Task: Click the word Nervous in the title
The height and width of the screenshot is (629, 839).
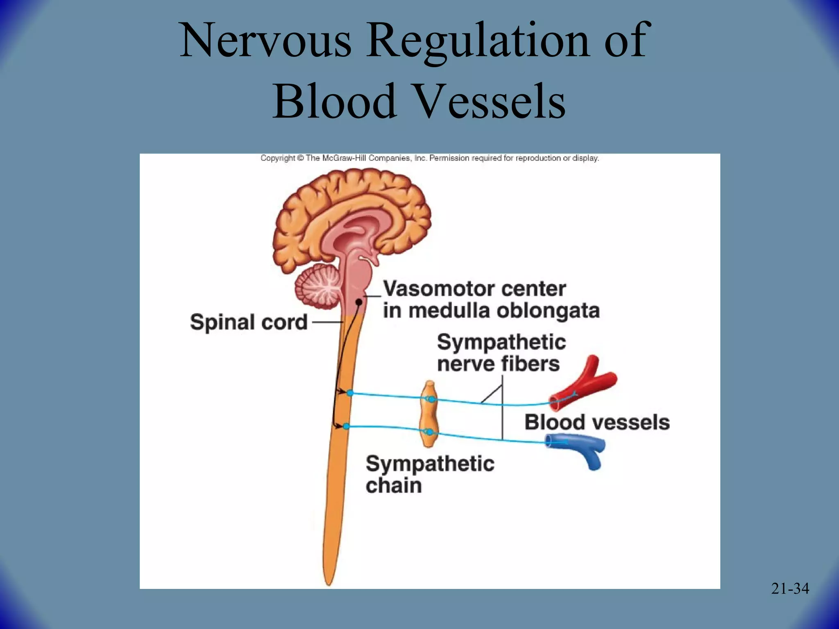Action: [x=265, y=41]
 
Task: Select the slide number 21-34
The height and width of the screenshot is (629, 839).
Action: [x=790, y=588]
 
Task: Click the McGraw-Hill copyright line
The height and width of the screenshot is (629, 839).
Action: [x=430, y=158]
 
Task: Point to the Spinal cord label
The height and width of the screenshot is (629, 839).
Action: [x=249, y=322]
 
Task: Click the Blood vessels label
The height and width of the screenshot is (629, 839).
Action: [x=597, y=422]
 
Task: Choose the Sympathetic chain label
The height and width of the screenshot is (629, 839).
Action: [x=430, y=474]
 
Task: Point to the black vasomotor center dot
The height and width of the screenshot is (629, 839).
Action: [x=358, y=302]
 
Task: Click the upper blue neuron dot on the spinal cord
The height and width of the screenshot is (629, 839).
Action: [x=350, y=393]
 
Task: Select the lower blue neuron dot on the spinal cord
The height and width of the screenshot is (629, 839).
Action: [x=346, y=427]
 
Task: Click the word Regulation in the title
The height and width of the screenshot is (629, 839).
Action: [x=478, y=41]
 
